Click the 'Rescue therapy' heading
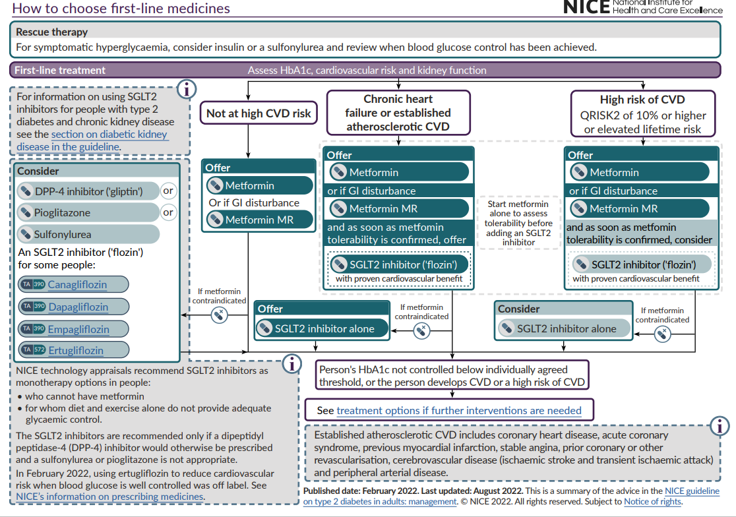[x=52, y=32]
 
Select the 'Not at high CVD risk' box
[x=259, y=113]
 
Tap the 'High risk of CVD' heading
[x=642, y=100]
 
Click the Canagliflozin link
[x=77, y=285]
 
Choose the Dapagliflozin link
[x=78, y=307]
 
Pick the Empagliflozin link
[x=78, y=329]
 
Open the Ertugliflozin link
[x=76, y=350]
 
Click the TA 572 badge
[x=32, y=350]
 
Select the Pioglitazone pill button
[x=88, y=212]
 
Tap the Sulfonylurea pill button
[x=88, y=234]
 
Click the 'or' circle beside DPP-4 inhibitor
[x=169, y=191]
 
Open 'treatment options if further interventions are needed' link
[x=459, y=410]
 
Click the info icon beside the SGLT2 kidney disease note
[x=187, y=88]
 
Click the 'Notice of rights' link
[x=652, y=502]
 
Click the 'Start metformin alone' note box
[x=518, y=223]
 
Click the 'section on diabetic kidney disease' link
[x=109, y=134]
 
